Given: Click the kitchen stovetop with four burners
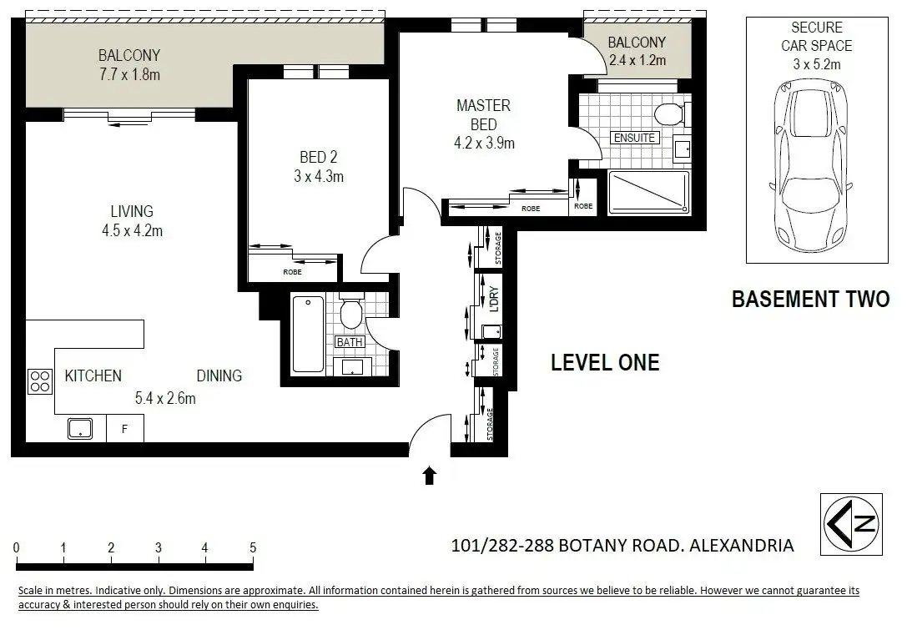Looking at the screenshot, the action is (40, 382).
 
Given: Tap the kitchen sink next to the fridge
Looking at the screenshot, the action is (80, 428).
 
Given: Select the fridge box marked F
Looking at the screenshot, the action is (125, 429).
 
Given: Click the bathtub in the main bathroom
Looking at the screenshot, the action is (308, 334).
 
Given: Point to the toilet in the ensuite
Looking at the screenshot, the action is (671, 113).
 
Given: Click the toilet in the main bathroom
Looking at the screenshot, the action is (351, 312).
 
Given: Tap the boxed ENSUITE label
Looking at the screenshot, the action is (634, 138).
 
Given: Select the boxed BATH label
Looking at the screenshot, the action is (350, 342).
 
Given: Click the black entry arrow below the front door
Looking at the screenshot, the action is (429, 476).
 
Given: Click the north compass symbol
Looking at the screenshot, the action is (851, 524).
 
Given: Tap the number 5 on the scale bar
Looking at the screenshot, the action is (253, 547).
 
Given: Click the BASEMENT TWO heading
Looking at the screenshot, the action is (810, 299).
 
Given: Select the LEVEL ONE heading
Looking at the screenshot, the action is (605, 363).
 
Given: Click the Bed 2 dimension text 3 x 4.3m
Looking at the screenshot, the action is (319, 176).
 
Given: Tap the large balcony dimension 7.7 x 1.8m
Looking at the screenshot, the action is (129, 74).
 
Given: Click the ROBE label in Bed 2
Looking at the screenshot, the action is (292, 272).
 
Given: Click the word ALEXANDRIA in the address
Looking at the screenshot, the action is (742, 546).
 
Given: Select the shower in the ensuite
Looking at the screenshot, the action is (649, 193).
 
